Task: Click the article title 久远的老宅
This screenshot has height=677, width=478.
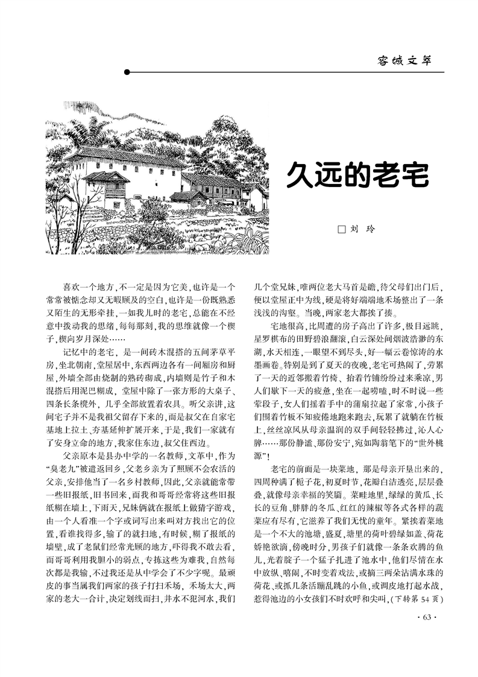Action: [x=357, y=175]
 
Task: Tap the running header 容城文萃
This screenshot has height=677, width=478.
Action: [x=404, y=60]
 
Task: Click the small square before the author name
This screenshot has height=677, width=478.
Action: [x=341, y=229]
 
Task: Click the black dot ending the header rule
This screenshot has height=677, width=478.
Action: [x=127, y=72]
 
